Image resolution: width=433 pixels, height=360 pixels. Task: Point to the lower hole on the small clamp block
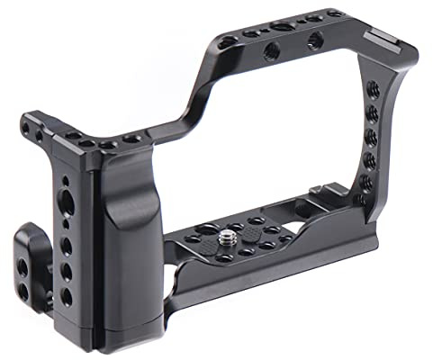[x=23, y=266]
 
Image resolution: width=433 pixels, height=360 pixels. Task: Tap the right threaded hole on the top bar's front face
[x=315, y=40]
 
